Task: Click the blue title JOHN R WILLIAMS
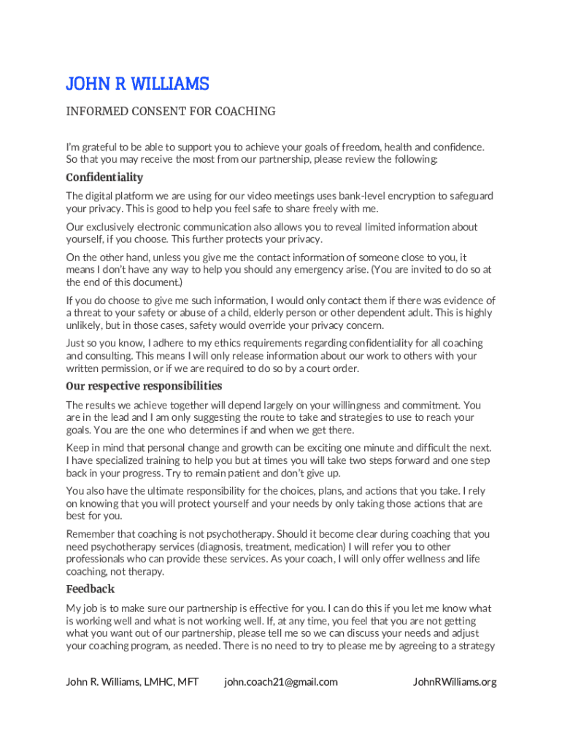click(137, 85)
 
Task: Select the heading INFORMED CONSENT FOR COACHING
click(171, 112)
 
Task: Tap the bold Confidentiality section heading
click(104, 177)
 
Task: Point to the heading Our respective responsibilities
click(144, 386)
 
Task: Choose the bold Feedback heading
click(91, 589)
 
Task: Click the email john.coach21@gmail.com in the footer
click(281, 682)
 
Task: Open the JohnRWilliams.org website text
click(455, 682)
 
